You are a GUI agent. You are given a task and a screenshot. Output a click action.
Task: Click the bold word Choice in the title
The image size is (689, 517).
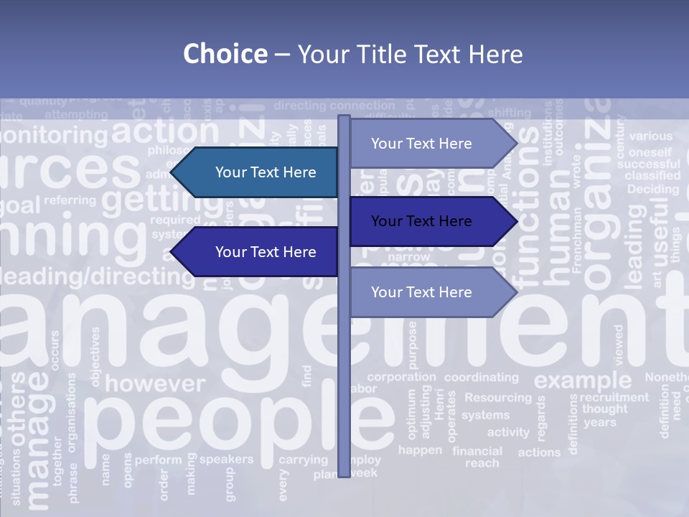coord(225,55)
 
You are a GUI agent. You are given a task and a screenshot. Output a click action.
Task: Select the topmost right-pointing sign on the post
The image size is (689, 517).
coord(428,144)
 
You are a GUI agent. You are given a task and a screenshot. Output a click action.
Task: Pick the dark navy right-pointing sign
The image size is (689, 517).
coord(428,221)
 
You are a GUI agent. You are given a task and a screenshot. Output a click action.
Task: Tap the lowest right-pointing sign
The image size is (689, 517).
coord(428,292)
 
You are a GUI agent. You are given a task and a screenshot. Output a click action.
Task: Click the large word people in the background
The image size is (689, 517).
coord(215,424)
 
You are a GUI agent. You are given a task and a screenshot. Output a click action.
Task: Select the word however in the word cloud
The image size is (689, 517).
coord(154,383)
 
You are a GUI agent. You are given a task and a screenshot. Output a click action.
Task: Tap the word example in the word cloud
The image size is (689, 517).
coord(582,380)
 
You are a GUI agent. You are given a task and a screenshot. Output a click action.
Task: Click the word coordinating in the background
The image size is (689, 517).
coord(481,377)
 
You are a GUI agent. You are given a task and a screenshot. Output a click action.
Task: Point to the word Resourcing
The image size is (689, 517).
coord(498,397)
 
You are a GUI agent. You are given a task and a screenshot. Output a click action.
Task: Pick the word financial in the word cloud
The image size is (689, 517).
coord(477,451)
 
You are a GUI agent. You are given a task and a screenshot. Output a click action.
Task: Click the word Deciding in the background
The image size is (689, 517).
coord(652,190)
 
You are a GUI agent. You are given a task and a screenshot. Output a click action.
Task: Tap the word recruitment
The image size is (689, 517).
coord(614,397)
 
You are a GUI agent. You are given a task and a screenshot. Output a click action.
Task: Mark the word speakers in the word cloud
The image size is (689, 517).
coord(226,459)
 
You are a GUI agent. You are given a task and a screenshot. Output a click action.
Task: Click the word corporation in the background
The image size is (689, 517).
coord(401,377)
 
